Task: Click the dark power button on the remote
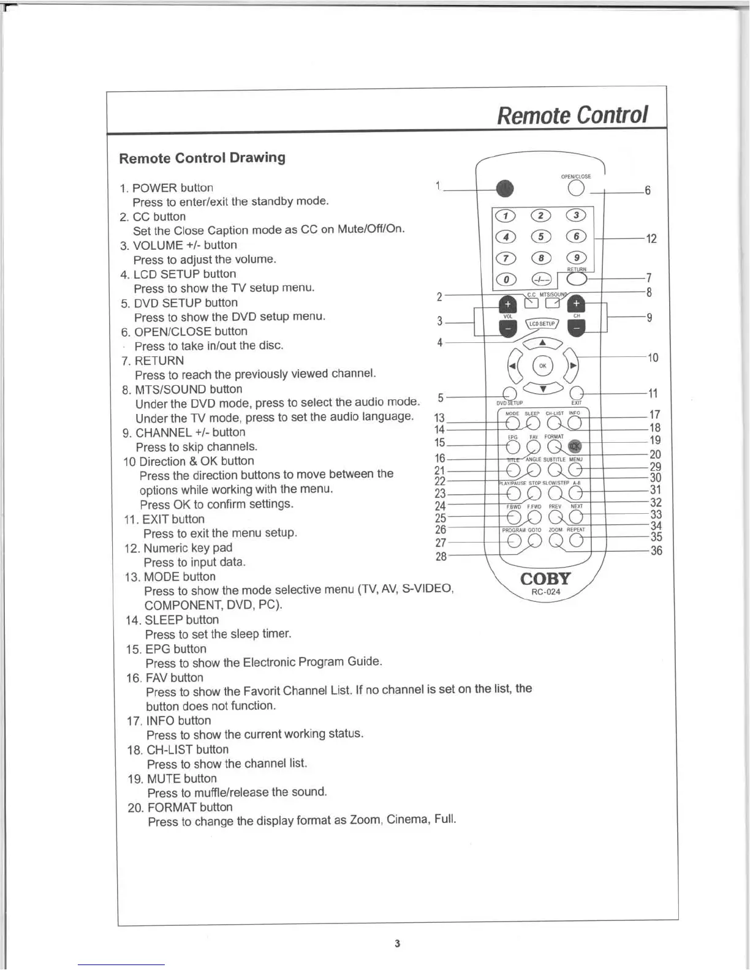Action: [x=504, y=189]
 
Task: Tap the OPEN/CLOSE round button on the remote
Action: [x=576, y=189]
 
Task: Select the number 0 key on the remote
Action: [x=506, y=279]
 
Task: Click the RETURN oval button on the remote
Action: [x=577, y=279]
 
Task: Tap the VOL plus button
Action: [x=508, y=304]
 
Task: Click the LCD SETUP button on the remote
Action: [x=542, y=323]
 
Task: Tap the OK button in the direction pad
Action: [x=542, y=366]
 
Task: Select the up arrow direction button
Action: [x=542, y=344]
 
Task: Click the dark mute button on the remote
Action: [x=575, y=447]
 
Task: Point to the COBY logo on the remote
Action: [x=545, y=579]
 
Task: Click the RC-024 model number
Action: [x=545, y=592]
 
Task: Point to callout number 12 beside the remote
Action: [x=651, y=239]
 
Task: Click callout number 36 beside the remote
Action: [x=656, y=551]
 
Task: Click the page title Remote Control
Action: [x=572, y=115]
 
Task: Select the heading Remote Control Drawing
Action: [x=202, y=158]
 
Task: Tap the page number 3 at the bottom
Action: [x=398, y=943]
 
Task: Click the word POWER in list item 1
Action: [x=154, y=188]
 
